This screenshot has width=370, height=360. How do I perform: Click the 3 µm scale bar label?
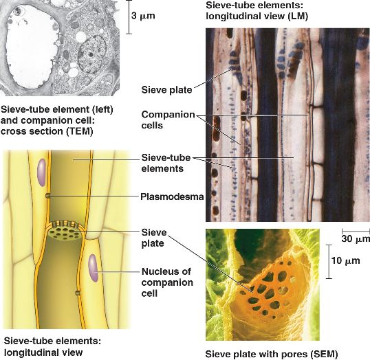point(143,16)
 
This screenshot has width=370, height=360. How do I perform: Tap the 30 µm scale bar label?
point(356,239)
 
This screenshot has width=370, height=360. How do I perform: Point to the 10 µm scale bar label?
point(345,261)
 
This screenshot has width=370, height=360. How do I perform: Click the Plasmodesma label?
point(172,196)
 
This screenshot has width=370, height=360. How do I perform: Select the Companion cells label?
point(168,120)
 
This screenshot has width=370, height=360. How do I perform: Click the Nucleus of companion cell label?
point(167,282)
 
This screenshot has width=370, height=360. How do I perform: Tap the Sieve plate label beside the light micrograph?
point(166,90)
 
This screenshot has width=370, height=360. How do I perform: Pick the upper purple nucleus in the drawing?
point(41,172)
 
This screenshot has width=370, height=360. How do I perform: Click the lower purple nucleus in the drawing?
point(93,268)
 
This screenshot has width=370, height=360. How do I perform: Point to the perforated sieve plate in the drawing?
point(65,232)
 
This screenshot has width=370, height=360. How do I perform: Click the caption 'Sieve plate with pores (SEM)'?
point(272,354)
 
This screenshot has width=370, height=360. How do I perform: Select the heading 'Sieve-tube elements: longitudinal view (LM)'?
point(257,11)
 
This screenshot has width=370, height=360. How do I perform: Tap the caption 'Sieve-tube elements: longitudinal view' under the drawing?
point(52,346)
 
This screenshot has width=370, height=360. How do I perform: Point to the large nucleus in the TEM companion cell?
point(91,54)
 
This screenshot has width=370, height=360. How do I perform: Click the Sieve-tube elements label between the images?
point(166,163)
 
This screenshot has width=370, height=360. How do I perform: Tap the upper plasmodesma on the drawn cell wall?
point(48,196)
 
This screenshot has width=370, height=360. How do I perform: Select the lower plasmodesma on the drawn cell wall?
point(78,293)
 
